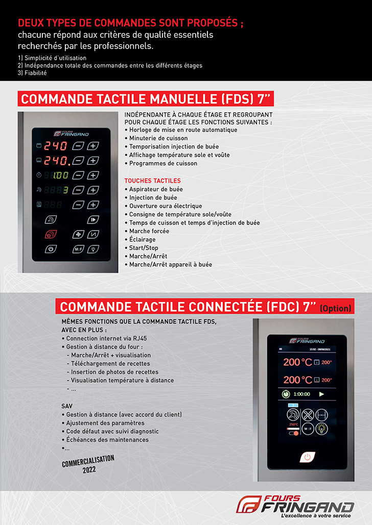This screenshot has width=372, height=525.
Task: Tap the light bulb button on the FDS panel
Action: coord(92,249)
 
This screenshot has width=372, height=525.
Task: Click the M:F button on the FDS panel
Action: coord(78,249)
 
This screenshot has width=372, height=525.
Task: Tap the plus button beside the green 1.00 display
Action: coord(92,176)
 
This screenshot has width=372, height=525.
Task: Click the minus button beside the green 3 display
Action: coord(78,190)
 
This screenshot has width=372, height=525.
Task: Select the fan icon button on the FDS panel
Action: coord(78,235)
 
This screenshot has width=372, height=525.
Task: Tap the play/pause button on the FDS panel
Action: coord(92,220)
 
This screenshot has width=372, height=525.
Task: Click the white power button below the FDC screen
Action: coord(307,457)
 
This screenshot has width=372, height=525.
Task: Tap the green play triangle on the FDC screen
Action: coord(321,394)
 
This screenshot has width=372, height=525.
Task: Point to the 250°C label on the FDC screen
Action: coord(293,424)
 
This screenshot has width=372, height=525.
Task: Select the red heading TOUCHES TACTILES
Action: coord(152,181)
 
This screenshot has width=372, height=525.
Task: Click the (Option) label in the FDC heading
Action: coord(335,308)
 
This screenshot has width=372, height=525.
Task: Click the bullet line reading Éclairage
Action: coord(142,239)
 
